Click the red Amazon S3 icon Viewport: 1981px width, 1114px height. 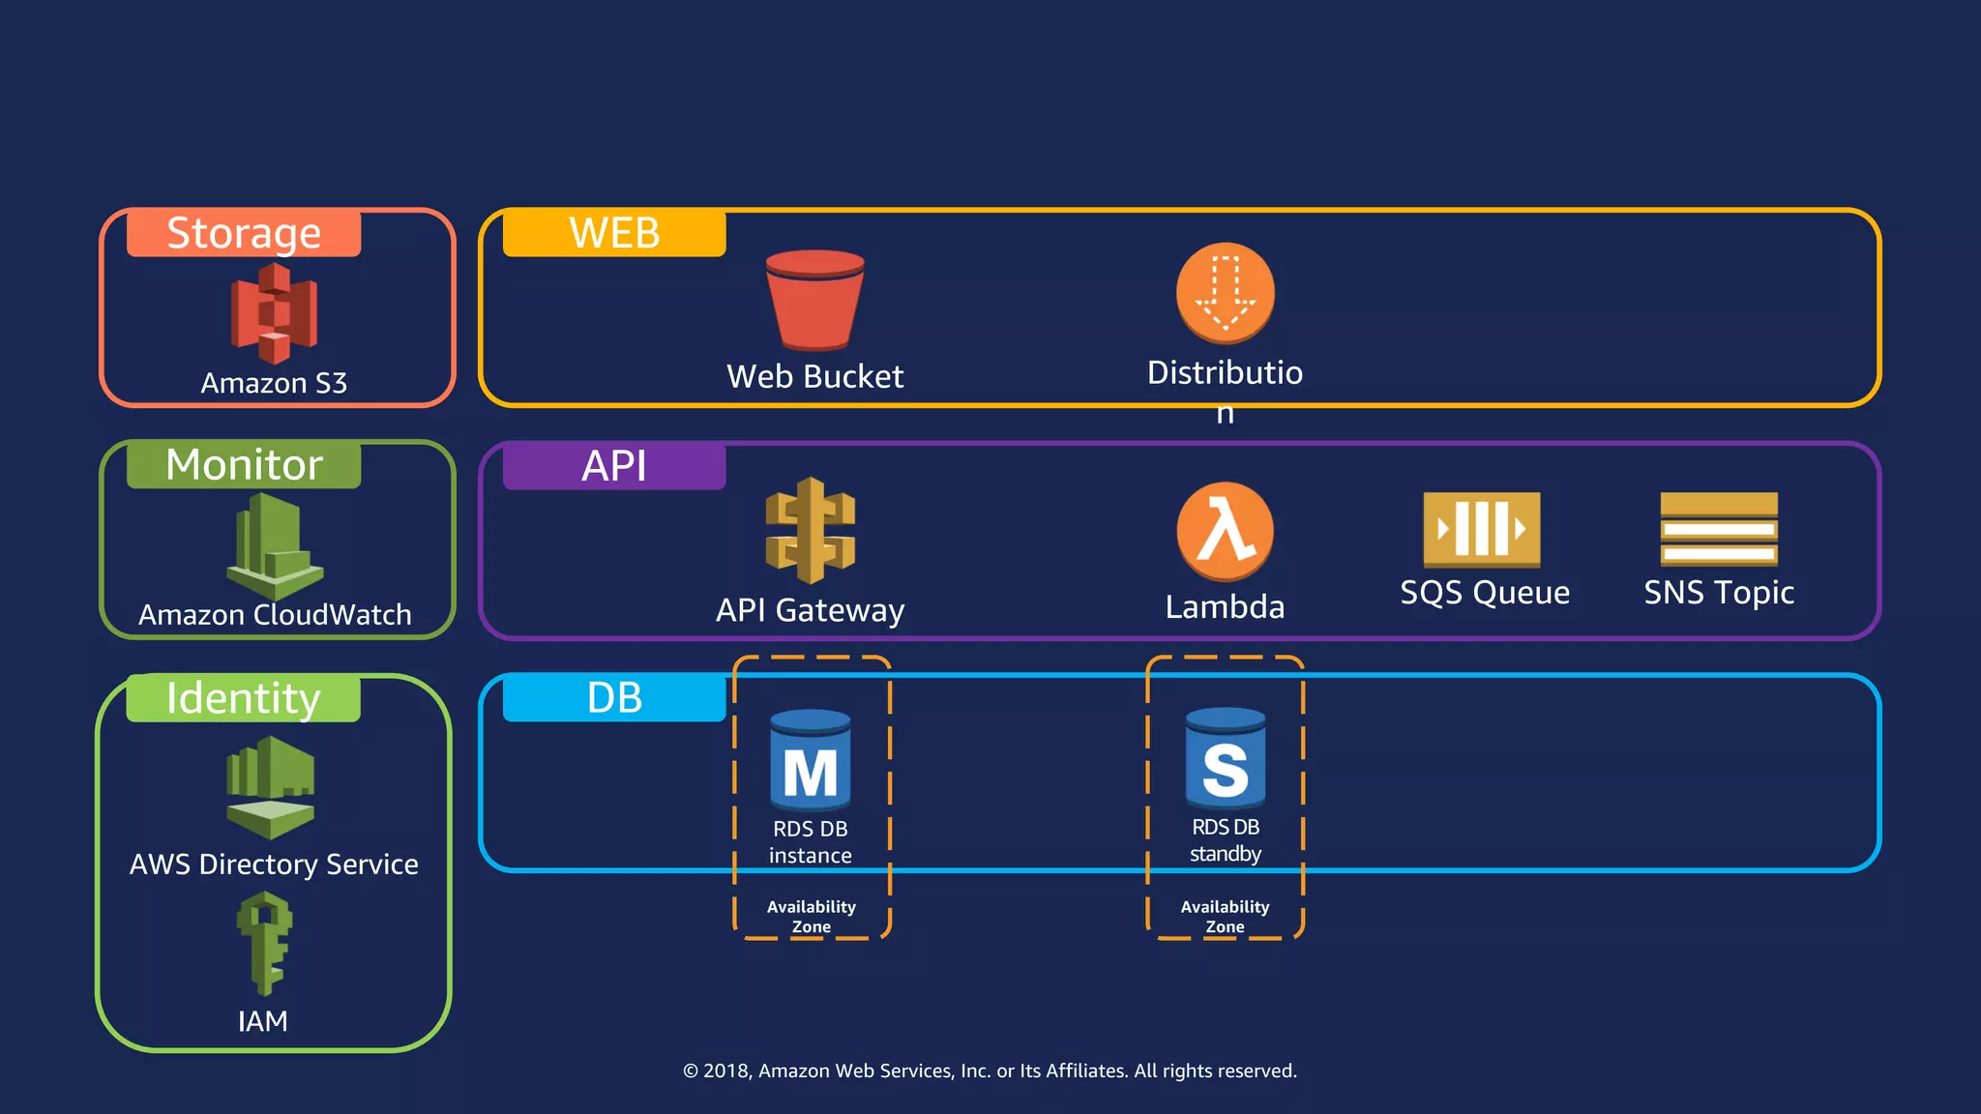point(274,312)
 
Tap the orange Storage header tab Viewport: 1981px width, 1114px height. point(244,233)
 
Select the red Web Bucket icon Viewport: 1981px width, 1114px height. point(814,300)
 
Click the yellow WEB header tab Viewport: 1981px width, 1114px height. point(614,233)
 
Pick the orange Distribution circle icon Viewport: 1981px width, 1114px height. point(1225,292)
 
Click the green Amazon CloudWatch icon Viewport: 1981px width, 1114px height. point(275,546)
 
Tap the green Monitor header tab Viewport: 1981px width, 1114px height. point(244,465)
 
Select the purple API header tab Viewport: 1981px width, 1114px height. point(614,466)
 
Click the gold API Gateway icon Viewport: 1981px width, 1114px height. point(811,531)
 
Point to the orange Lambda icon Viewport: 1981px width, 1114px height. point(1225,531)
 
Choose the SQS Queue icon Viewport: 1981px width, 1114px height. point(1481,529)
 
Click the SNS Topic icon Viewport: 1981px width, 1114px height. point(1719,529)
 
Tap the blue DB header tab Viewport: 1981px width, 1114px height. point(614,698)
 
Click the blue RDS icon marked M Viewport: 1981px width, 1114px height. point(811,761)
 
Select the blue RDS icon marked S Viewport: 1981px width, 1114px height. point(1225,759)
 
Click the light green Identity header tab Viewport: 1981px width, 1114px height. point(244,698)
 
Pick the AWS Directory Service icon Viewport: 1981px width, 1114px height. point(271,786)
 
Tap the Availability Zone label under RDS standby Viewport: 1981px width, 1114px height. point(1225,916)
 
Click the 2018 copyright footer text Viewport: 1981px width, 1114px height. point(990,1070)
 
